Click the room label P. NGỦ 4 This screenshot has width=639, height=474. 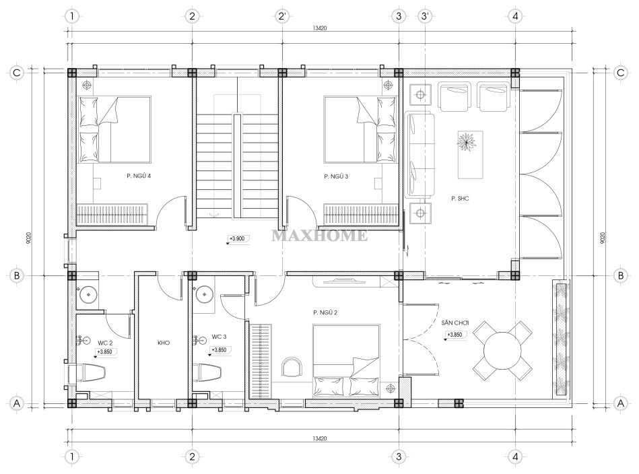(x=139, y=176)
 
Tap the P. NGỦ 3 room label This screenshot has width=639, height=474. (x=336, y=176)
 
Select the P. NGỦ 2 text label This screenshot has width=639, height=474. (x=325, y=312)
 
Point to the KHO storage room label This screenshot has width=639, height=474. (x=164, y=343)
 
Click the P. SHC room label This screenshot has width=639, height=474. (x=460, y=199)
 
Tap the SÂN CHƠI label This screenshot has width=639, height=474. (x=455, y=323)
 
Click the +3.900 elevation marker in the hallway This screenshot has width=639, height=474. (x=237, y=239)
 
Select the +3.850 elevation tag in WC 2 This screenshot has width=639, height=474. (x=105, y=352)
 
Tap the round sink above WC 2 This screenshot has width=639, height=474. (x=88, y=294)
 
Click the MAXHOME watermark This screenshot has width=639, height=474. (x=319, y=236)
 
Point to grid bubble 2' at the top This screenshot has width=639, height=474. (x=282, y=16)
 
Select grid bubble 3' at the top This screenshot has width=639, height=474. (x=425, y=16)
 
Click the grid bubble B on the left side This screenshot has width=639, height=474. (x=17, y=275)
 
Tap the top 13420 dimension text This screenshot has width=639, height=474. (x=319, y=28)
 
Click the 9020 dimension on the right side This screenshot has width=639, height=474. (x=603, y=238)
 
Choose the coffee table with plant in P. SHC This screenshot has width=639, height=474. (x=470, y=154)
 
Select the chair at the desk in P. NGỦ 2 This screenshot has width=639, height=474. (x=292, y=367)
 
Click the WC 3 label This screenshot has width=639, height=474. (x=219, y=337)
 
